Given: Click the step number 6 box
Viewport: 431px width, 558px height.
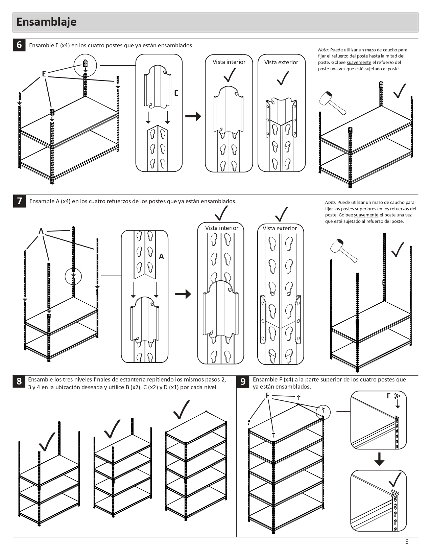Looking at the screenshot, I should (19, 45).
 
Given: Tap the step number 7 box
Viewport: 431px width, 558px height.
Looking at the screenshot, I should (19, 201).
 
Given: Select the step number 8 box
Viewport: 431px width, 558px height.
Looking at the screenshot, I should (19, 381).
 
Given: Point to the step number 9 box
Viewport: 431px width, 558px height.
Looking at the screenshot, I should (243, 381).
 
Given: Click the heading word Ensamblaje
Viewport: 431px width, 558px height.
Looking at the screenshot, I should (46, 22).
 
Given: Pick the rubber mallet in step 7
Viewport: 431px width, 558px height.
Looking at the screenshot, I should (343, 250).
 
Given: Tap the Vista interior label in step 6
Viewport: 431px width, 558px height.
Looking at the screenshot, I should (229, 62).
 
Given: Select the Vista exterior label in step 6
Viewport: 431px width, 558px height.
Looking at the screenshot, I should (281, 62).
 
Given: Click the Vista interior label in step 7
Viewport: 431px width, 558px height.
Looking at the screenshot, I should (221, 228).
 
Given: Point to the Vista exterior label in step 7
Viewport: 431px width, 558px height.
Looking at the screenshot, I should (280, 228).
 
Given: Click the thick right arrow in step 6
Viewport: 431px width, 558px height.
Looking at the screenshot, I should (193, 116).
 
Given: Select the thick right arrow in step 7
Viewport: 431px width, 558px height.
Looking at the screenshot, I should (183, 294).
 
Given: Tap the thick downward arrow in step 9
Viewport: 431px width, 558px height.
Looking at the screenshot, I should (379, 459).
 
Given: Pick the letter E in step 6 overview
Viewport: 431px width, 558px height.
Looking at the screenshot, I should (44, 74).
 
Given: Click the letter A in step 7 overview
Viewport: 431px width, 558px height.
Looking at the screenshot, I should (41, 231).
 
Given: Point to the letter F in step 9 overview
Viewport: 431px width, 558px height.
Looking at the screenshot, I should (267, 396).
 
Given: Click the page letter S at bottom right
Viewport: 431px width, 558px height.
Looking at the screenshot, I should (407, 542).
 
